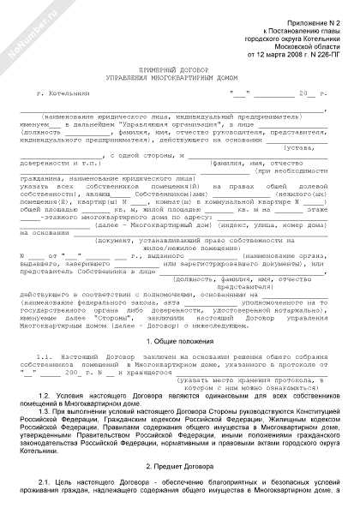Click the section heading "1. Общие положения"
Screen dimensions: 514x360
tap(179, 340)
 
